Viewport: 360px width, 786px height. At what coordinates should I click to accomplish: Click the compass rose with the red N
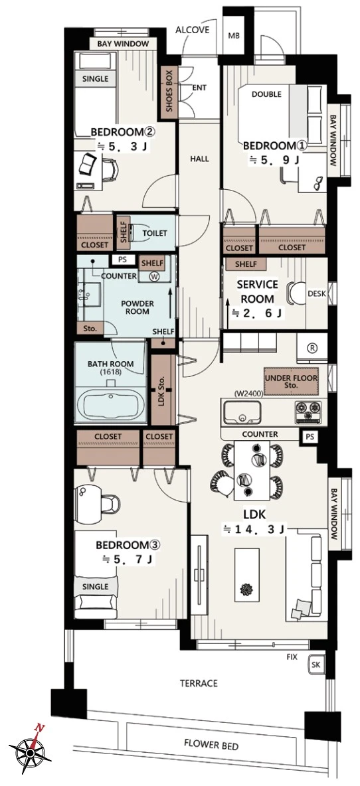click(x=31, y=749)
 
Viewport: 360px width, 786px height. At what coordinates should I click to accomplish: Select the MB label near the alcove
click(x=234, y=37)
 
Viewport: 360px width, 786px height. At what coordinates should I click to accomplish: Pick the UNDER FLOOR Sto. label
click(x=291, y=382)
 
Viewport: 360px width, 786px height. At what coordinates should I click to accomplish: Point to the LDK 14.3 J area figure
click(x=254, y=529)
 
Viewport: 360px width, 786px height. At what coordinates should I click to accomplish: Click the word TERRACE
click(x=199, y=683)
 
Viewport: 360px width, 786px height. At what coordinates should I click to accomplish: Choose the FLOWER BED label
click(x=211, y=746)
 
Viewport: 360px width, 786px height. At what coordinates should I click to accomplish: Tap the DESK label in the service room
click(x=317, y=293)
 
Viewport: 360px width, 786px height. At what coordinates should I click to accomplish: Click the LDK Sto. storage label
click(x=163, y=390)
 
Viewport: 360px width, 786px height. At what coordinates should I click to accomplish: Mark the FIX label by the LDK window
click(x=292, y=656)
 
